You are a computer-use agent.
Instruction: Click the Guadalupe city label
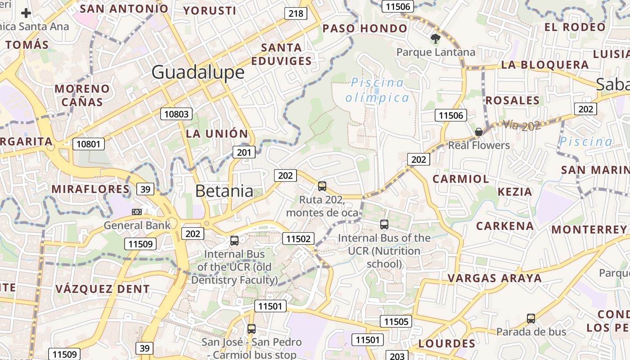[x=198, y=72]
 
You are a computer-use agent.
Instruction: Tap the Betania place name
[x=224, y=191]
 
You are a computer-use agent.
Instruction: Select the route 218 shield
[x=296, y=13]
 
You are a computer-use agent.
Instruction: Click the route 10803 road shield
[x=176, y=114]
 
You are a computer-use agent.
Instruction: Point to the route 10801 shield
[x=89, y=144]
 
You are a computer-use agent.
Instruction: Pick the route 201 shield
[x=243, y=153]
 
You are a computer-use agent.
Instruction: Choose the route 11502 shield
[x=298, y=238]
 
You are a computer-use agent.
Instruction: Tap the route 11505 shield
[x=396, y=321]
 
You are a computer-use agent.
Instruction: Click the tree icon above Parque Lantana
[x=435, y=39]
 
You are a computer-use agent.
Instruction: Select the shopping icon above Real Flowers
[x=479, y=132]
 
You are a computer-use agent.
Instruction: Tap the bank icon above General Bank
[x=136, y=211]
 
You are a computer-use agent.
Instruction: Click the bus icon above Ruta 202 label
[x=322, y=186]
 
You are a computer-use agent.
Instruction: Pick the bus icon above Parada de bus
[x=531, y=319]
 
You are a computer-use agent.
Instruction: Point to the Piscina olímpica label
[x=377, y=90]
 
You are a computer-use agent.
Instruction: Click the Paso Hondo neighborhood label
[x=365, y=29]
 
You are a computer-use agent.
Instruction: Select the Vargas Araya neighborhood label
[x=495, y=278]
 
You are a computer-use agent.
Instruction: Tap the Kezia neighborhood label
[x=515, y=192]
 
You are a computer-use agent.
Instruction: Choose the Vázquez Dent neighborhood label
[x=103, y=289]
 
